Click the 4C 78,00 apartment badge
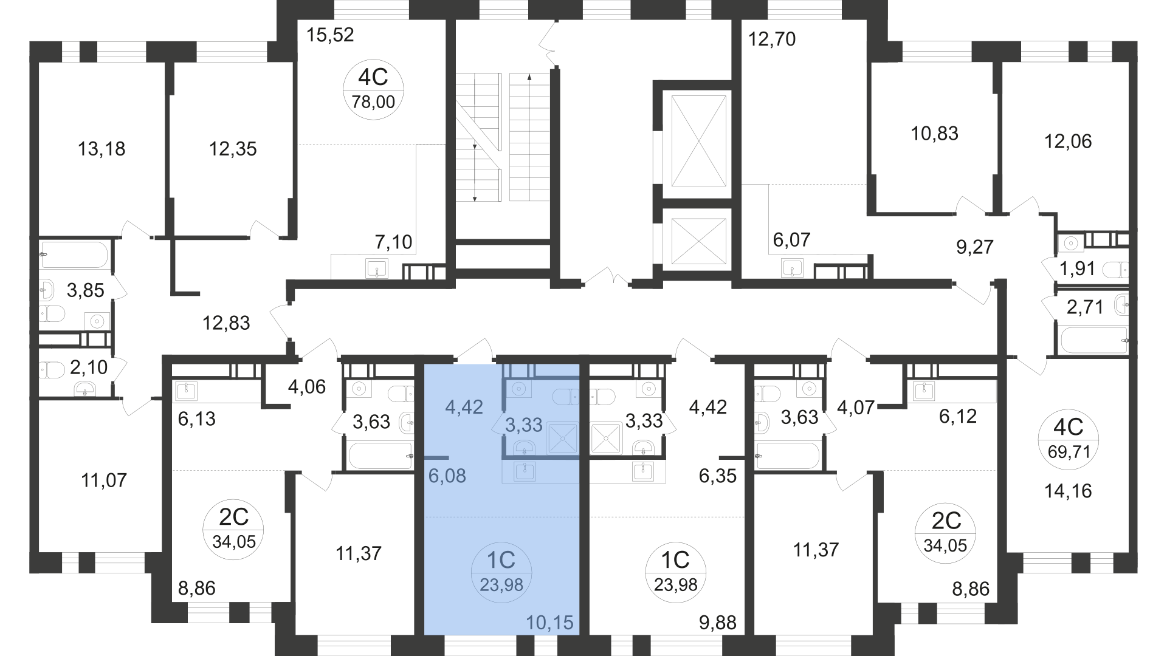point(373,89)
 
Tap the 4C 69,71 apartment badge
point(1069,439)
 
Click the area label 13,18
point(102,148)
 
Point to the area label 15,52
point(330,35)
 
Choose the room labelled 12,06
point(1068,142)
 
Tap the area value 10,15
point(549,623)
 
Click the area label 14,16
point(1068,491)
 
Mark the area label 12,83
point(226,323)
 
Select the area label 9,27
point(974,247)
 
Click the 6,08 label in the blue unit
point(447,476)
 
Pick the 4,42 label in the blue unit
point(464,407)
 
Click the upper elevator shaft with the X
point(698,141)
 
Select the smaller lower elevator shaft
point(698,241)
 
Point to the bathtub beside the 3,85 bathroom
point(74,255)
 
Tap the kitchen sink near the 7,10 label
point(377,267)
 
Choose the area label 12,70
point(771,39)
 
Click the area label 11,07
point(104,480)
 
